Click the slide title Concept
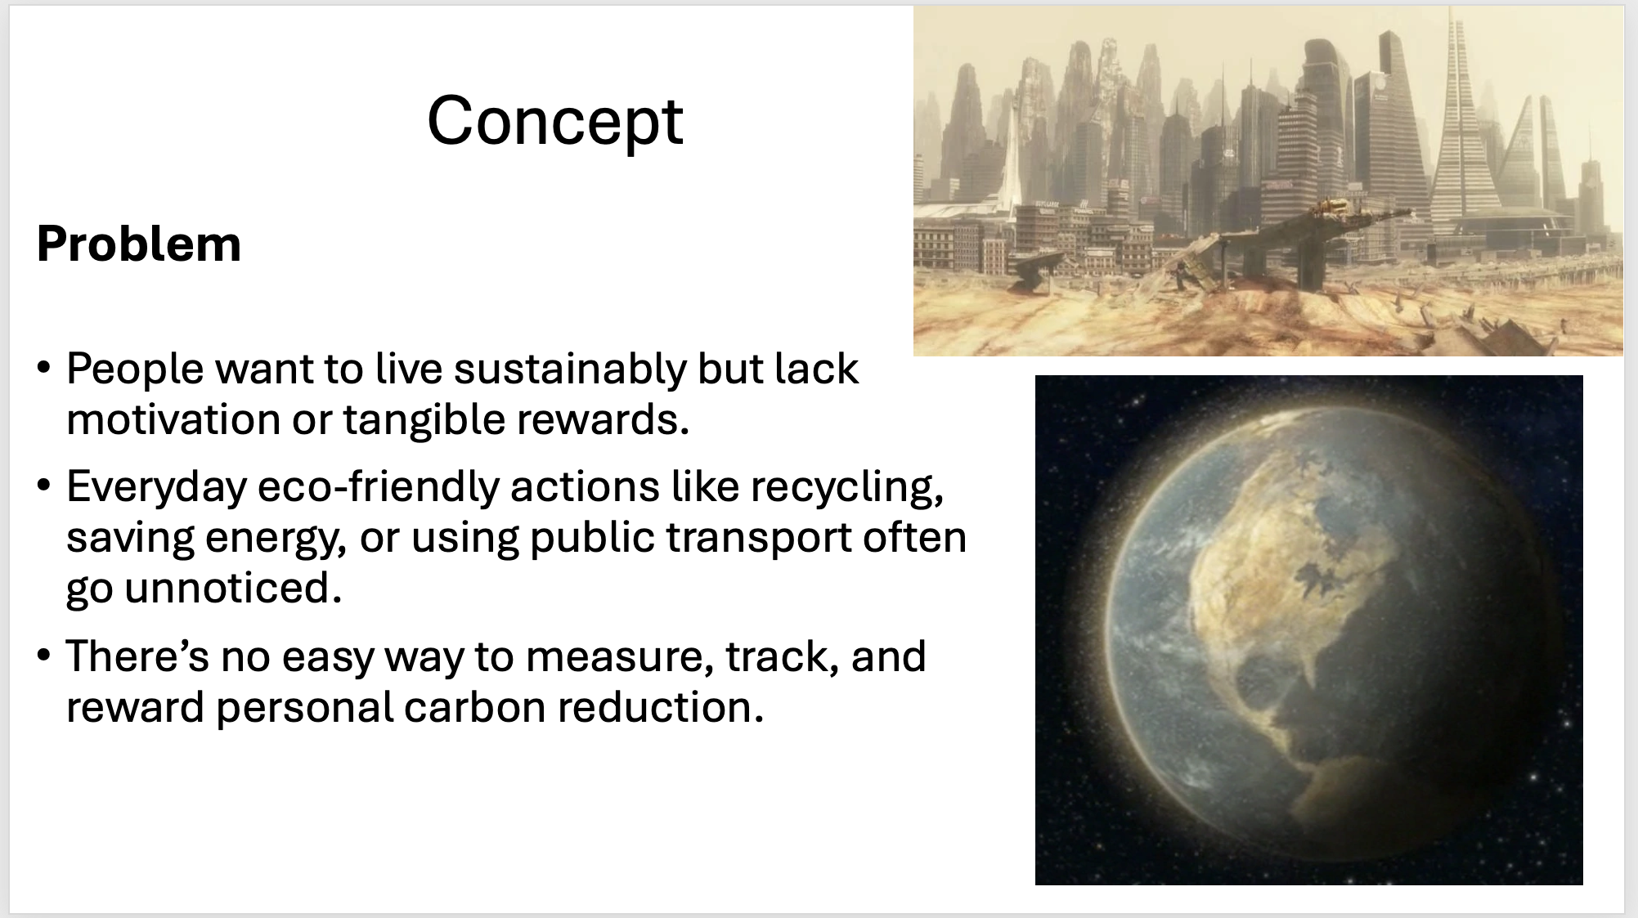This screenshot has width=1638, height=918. pos(554,121)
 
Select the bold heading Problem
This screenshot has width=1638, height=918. pos(139,244)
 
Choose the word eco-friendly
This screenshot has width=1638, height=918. pos(378,488)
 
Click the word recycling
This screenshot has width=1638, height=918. pos(847,488)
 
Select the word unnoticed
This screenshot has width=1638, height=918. pos(233,589)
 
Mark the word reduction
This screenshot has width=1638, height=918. pos(661,707)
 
